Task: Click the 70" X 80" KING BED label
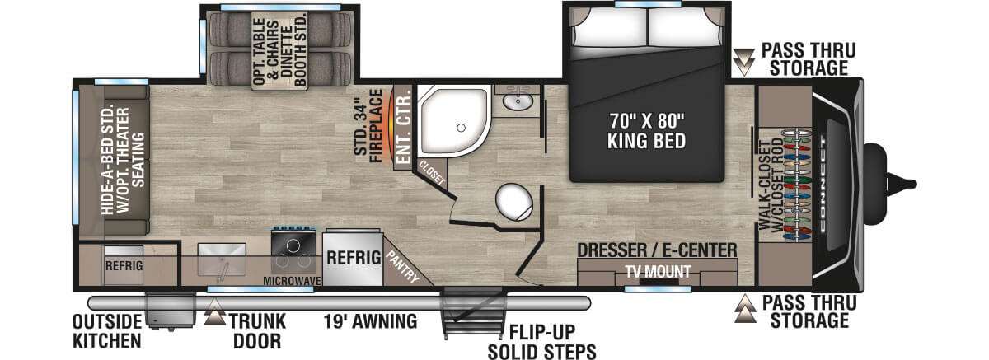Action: [x=647, y=130]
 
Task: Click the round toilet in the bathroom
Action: [x=513, y=201]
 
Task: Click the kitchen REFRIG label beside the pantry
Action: [x=353, y=256]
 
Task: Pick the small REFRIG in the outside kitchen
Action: [x=124, y=265]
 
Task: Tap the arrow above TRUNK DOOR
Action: [x=215, y=311]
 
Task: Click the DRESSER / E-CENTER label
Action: [x=657, y=250]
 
